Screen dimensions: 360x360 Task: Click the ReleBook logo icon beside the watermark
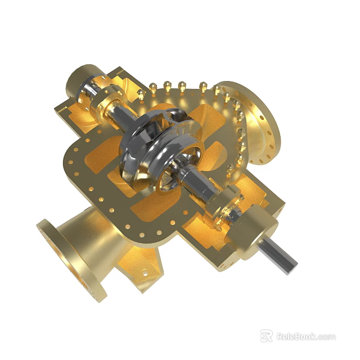pos(267,336)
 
